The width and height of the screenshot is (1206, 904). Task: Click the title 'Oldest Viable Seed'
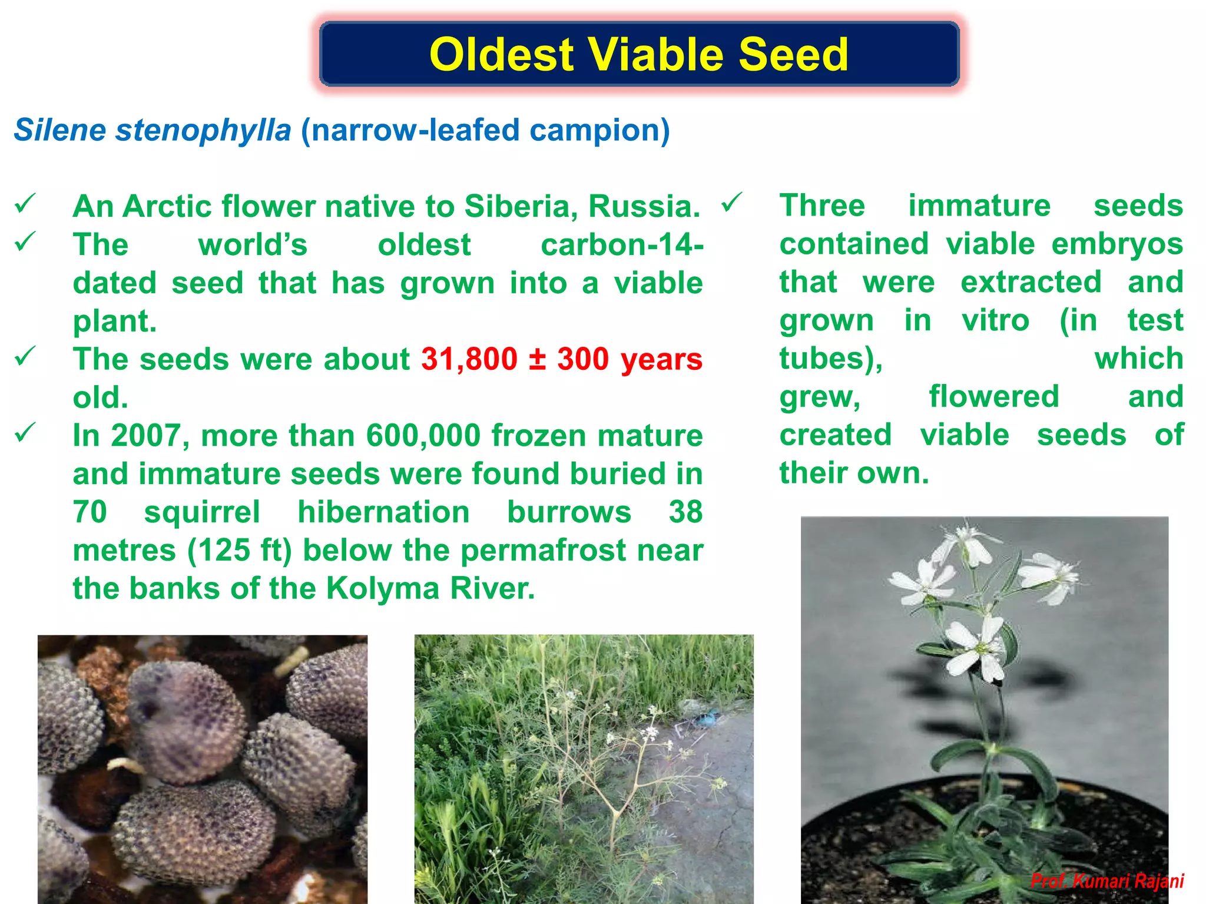click(639, 54)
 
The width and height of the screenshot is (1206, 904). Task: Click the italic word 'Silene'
click(61, 130)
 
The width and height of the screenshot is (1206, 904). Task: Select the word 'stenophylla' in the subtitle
click(203, 130)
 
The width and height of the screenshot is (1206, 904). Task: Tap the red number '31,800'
click(469, 359)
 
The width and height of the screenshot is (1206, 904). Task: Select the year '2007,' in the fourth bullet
click(150, 436)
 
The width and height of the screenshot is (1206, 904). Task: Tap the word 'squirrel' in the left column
click(202, 512)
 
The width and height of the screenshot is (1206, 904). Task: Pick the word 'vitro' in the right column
click(995, 321)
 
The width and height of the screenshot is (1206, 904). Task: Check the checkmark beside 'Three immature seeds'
click(732, 204)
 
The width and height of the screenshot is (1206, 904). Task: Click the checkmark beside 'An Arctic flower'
click(26, 204)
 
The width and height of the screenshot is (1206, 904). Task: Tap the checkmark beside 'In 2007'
click(26, 433)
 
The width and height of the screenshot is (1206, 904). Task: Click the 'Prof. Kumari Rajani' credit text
click(1107, 881)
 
